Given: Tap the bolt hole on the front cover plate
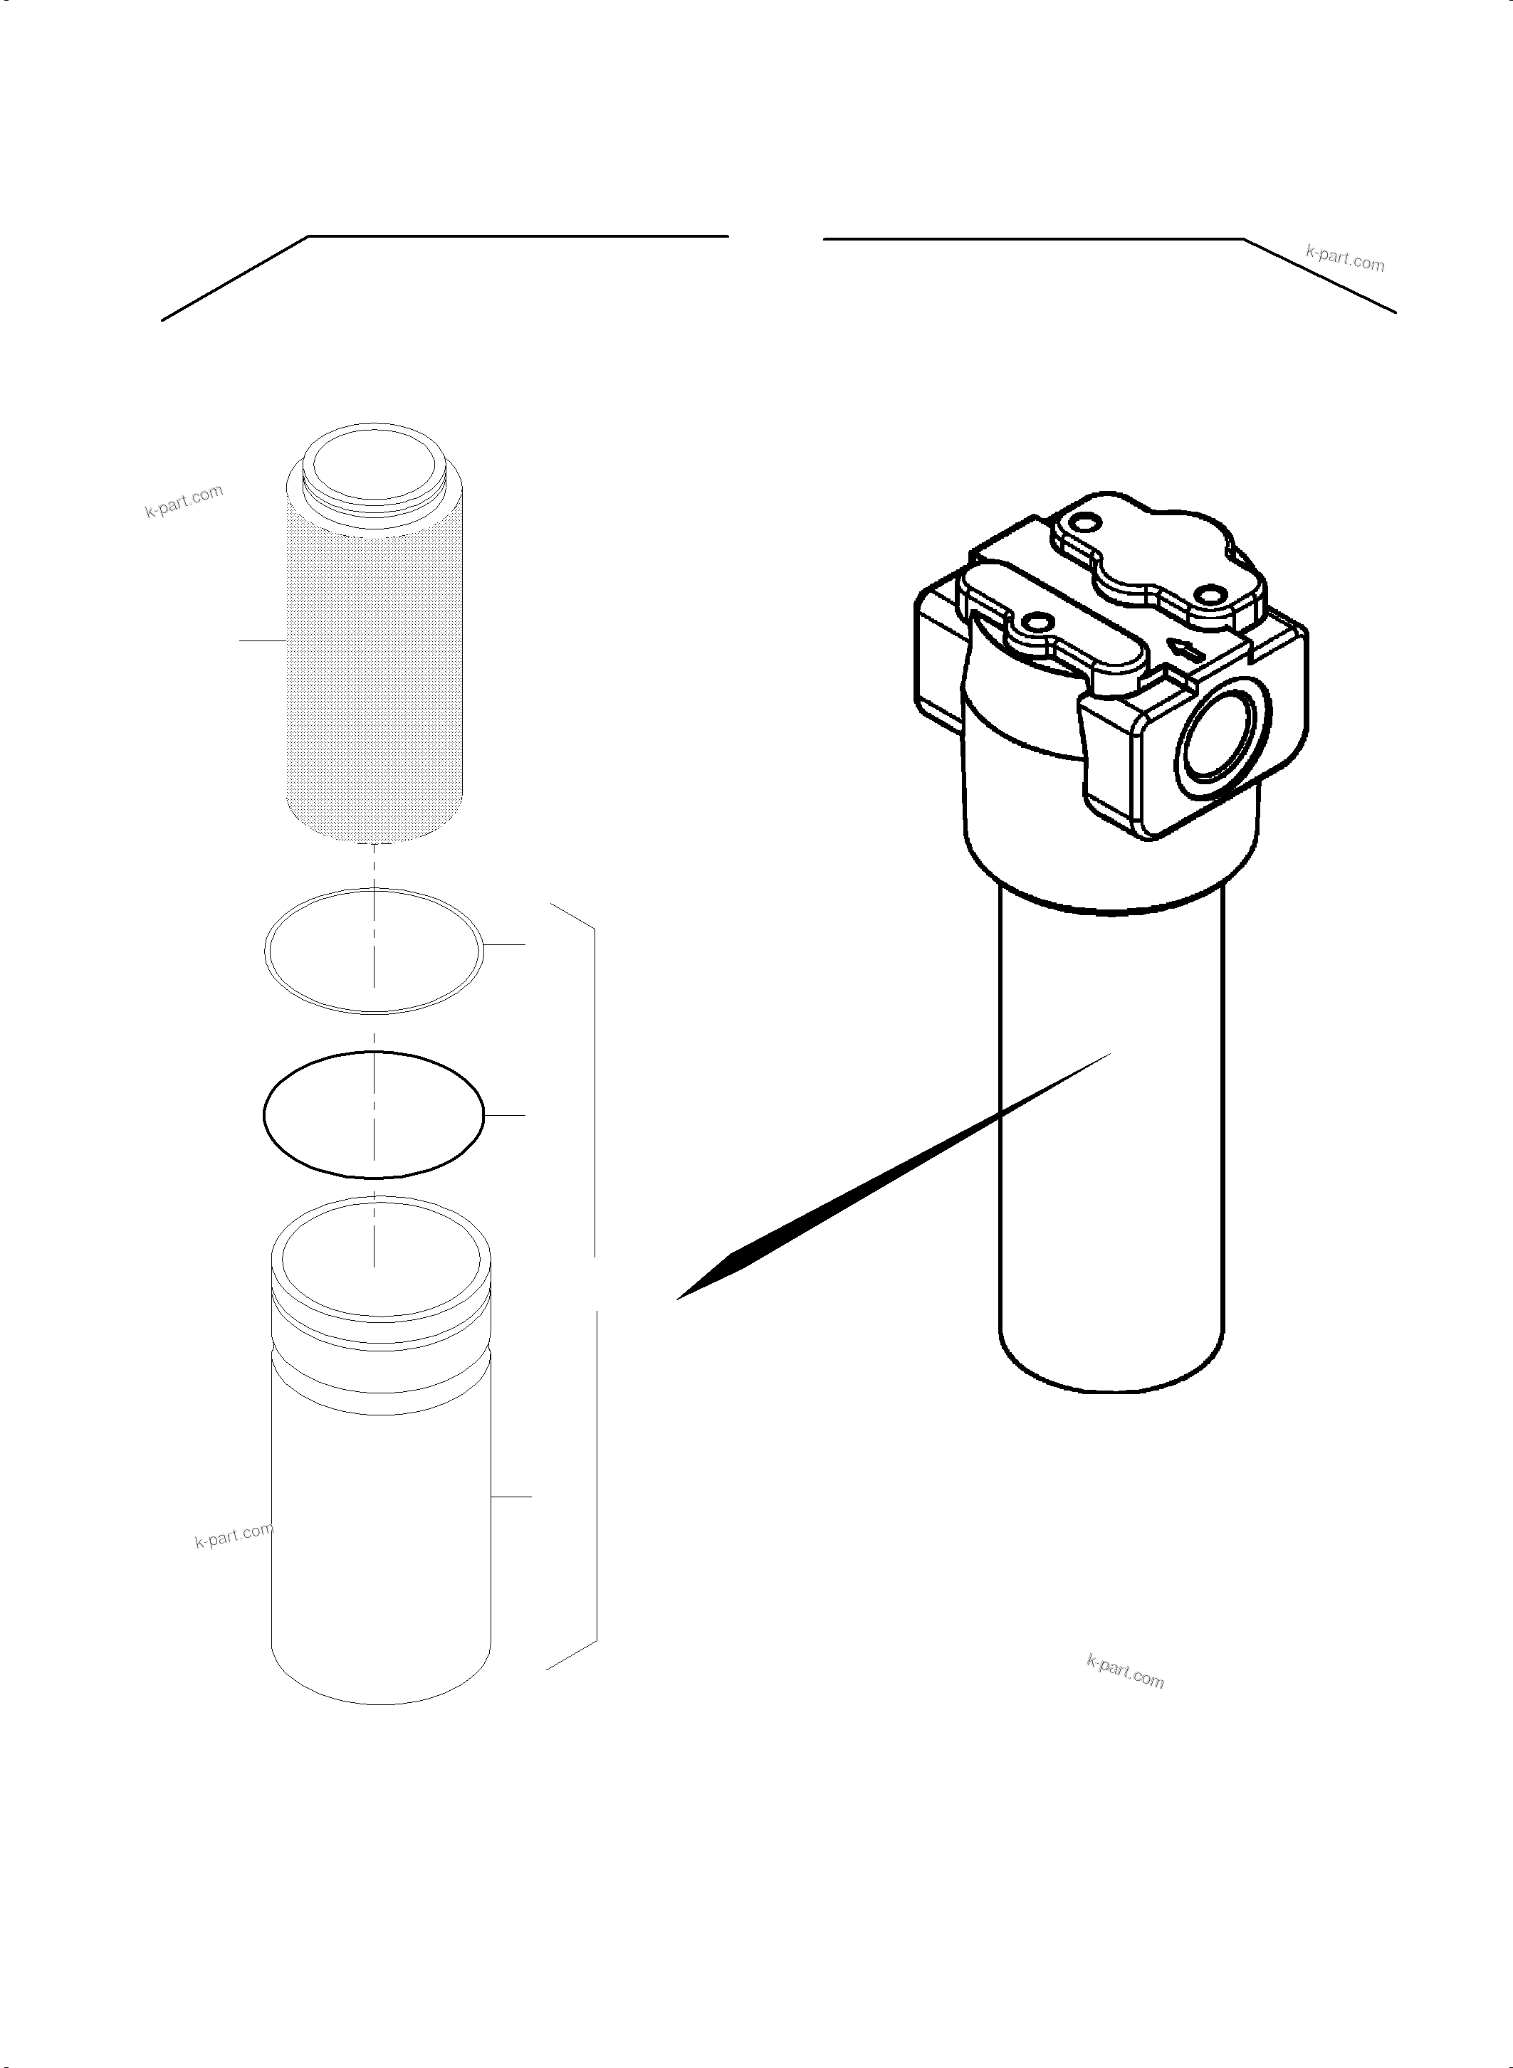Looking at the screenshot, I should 1036,623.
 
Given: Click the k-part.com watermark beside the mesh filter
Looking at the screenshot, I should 184,502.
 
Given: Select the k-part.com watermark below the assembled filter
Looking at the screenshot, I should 1125,1672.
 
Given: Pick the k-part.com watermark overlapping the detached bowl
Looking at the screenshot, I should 234,1535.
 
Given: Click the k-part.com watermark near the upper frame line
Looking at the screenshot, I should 1344,259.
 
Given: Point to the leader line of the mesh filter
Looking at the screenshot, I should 263,640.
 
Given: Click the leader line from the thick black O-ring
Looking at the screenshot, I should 505,1115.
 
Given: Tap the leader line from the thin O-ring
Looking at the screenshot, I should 505,943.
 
